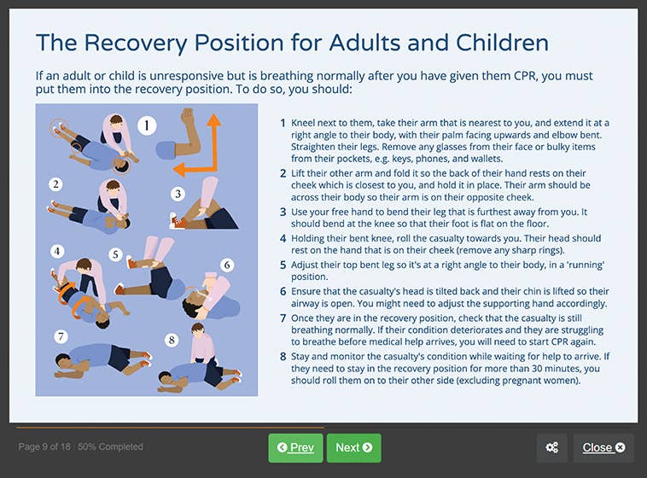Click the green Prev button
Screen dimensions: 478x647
point(295,447)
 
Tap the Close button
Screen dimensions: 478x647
point(603,447)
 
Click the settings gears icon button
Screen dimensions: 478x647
point(551,447)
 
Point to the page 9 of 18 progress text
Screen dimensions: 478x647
point(80,446)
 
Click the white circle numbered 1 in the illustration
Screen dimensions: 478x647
point(147,126)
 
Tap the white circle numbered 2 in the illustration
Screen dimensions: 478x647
point(55,184)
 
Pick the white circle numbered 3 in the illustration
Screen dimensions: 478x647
point(178,194)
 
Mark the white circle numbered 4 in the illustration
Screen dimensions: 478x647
point(57,251)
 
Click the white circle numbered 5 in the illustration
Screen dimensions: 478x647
point(115,254)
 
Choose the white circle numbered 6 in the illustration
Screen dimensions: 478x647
point(227,265)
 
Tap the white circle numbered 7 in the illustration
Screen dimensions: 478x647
point(61,335)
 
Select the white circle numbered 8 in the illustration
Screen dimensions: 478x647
point(172,340)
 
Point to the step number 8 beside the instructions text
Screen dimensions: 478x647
point(283,358)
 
